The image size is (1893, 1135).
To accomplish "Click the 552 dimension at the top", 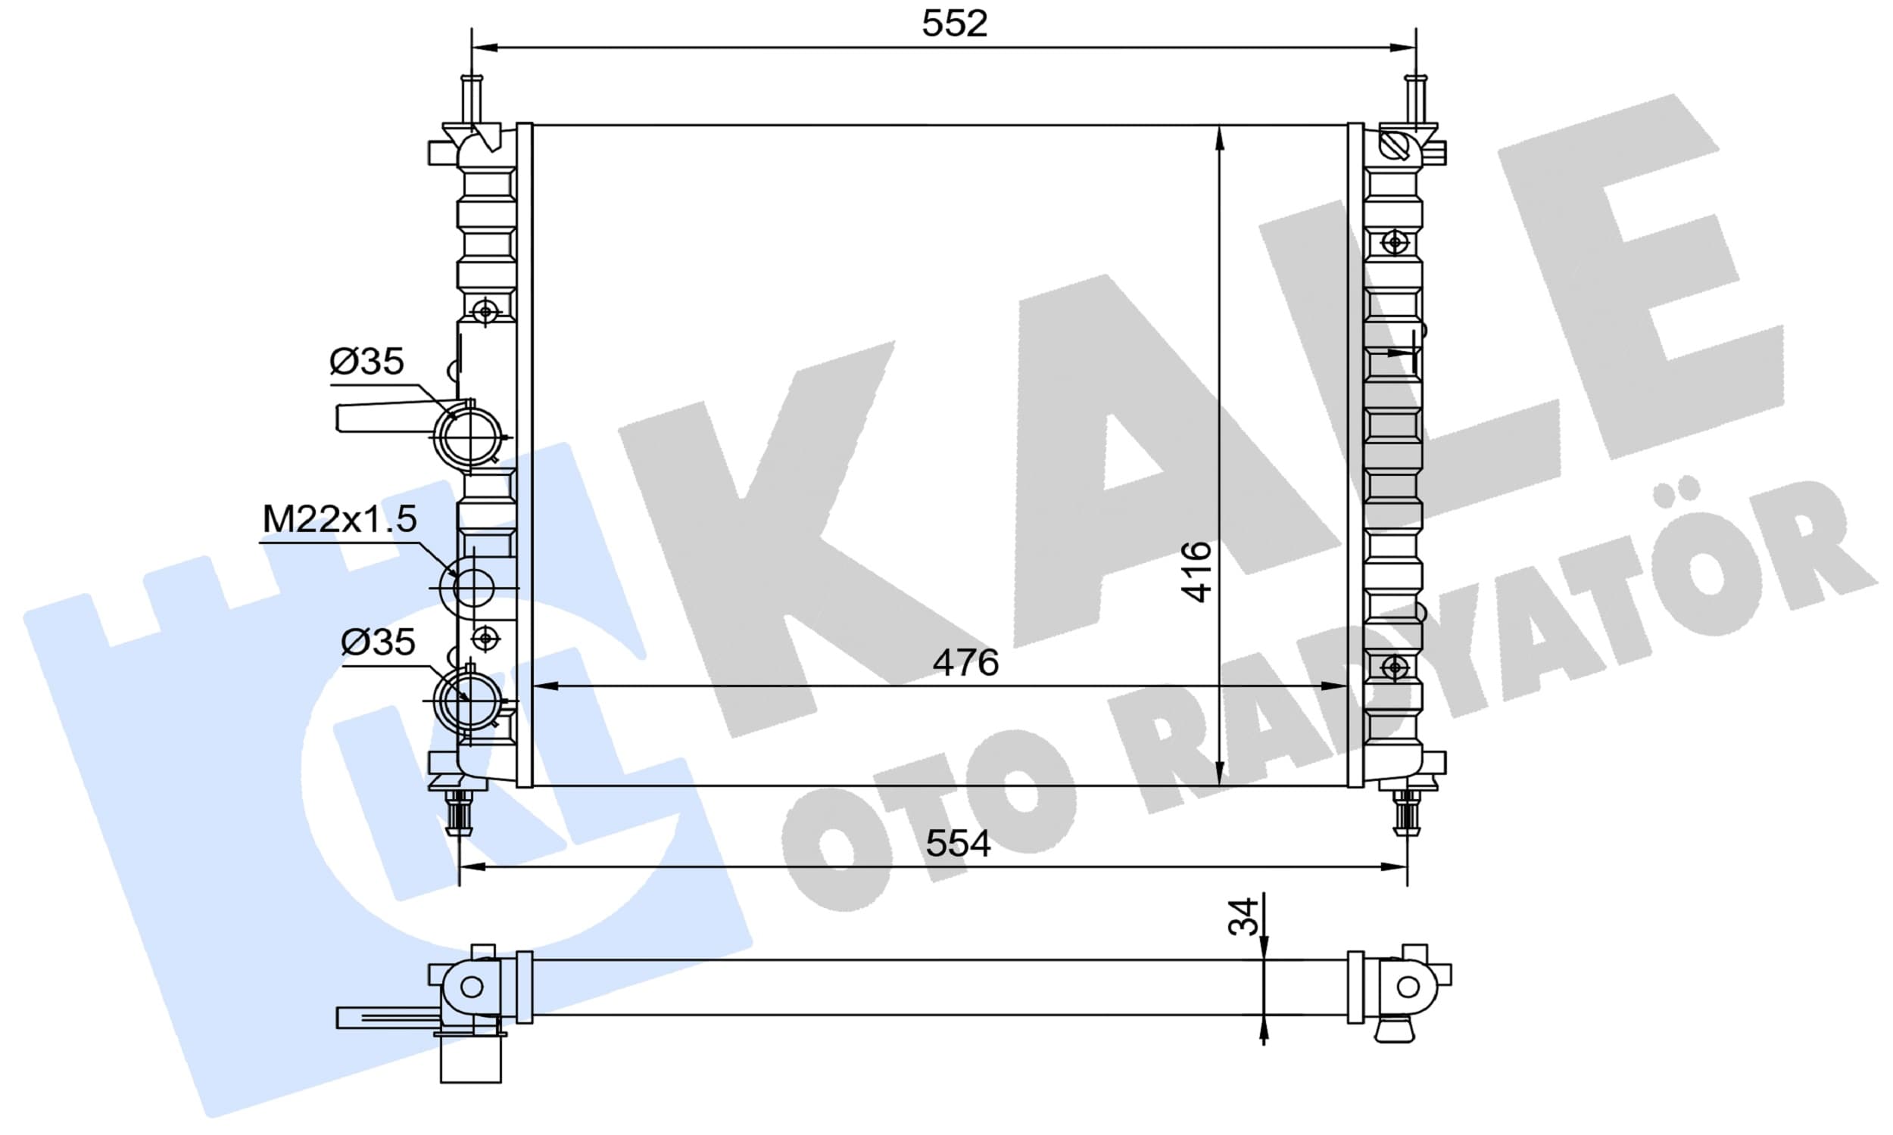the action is click(954, 23).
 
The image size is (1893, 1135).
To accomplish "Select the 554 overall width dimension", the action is click(958, 844).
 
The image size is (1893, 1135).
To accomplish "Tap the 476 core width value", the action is click(965, 662).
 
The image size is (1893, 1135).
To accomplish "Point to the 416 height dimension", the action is click(1196, 571).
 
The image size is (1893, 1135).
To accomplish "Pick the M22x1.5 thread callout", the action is click(339, 519).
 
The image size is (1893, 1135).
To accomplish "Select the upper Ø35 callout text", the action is click(366, 361).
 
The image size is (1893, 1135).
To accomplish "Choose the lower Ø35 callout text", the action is click(378, 642).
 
